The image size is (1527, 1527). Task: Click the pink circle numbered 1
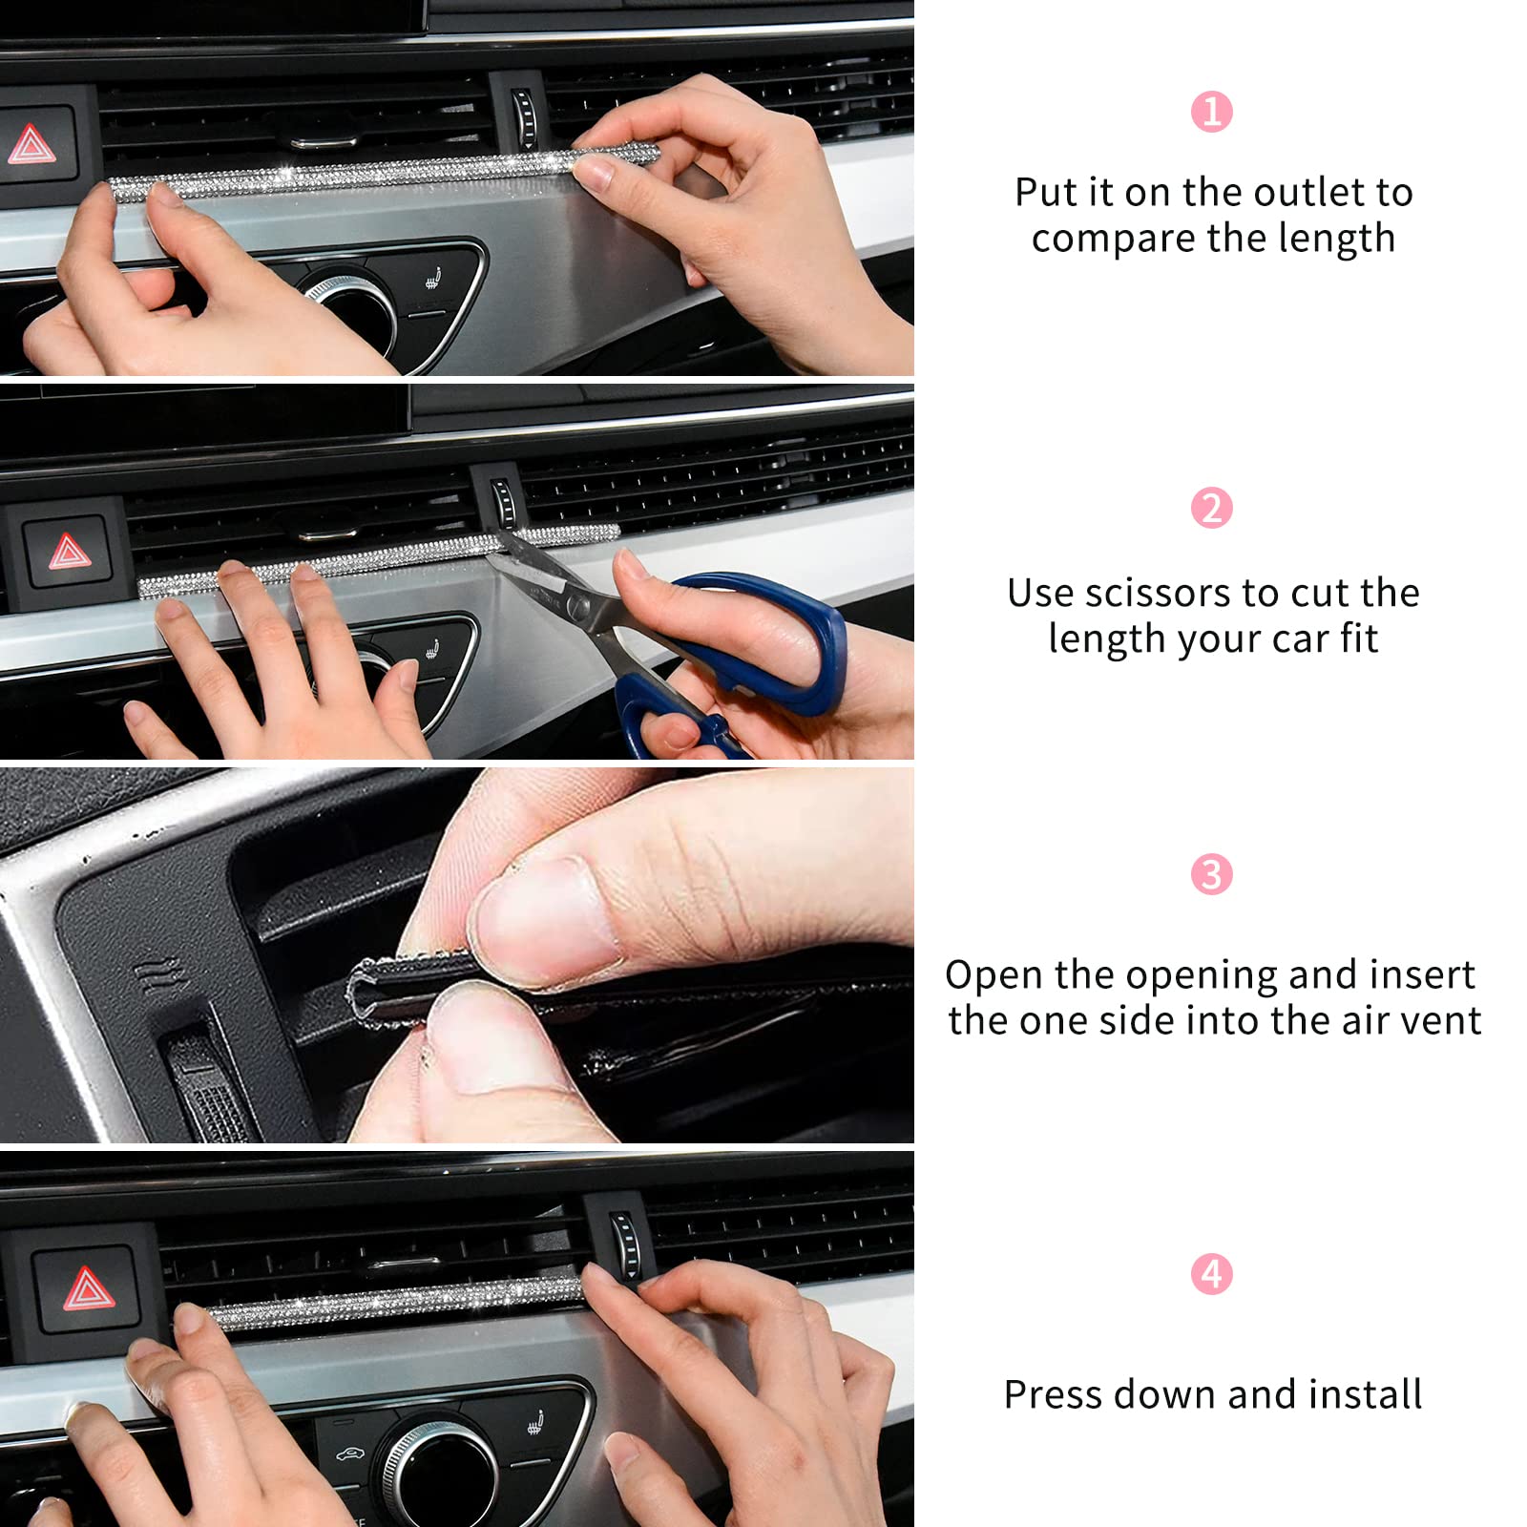(x=1211, y=112)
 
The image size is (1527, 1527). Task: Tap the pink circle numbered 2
(x=1211, y=508)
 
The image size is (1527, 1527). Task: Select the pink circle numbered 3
(x=1211, y=874)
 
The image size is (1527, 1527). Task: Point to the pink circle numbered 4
(x=1211, y=1274)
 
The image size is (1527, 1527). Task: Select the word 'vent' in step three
(x=1440, y=1021)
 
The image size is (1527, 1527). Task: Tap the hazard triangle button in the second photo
(x=68, y=551)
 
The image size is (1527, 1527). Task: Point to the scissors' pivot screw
(x=576, y=605)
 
